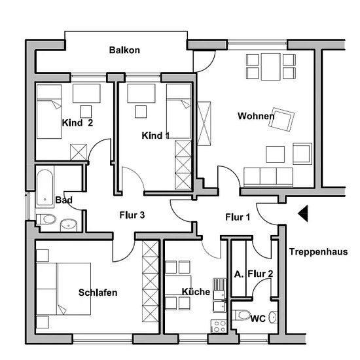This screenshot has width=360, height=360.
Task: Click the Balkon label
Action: tap(124, 50)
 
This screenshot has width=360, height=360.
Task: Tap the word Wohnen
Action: tap(256, 116)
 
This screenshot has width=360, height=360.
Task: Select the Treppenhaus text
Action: tap(319, 252)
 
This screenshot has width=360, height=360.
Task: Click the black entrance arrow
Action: tap(303, 213)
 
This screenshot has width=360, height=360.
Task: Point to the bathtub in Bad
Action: tap(45, 188)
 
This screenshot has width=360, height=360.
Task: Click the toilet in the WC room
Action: tap(241, 315)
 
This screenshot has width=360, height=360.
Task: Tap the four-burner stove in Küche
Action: tap(219, 326)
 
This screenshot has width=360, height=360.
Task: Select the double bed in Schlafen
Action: tap(63, 289)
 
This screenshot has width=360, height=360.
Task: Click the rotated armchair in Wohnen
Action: tap(281, 119)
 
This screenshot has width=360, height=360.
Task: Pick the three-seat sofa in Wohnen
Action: tap(268, 177)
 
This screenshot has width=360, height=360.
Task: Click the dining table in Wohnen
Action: tap(271, 67)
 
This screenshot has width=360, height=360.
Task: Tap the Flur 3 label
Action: tap(132, 215)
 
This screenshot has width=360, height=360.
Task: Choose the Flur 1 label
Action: tap(238, 217)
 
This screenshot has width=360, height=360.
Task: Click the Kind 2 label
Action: tap(78, 123)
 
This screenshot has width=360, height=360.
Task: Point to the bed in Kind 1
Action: tap(179, 111)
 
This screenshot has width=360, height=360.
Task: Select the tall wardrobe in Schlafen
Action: tap(151, 281)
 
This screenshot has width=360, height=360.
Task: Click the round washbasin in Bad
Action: tap(69, 225)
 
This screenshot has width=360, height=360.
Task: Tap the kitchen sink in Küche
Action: tap(219, 295)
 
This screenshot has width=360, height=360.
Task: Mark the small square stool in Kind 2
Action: tap(86, 112)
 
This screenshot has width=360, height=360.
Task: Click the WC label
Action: tap(258, 319)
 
